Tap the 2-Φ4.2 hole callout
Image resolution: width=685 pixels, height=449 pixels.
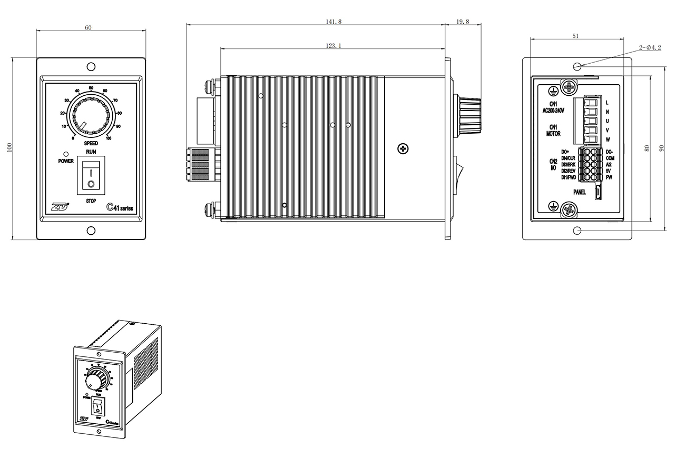(x=650, y=47)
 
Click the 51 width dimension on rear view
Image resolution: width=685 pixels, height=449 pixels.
(x=575, y=36)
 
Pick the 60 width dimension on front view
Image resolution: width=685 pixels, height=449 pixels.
(x=87, y=27)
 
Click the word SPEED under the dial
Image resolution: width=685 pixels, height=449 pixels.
(x=91, y=143)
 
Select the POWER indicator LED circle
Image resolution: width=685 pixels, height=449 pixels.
(x=66, y=154)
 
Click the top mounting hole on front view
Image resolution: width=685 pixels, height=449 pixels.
(x=91, y=66)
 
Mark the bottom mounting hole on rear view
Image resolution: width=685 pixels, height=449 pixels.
(x=577, y=231)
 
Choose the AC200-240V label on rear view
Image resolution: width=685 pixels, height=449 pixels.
(x=553, y=110)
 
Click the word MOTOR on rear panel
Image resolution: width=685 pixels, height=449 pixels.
(x=553, y=134)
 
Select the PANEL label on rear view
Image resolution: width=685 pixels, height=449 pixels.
(x=579, y=193)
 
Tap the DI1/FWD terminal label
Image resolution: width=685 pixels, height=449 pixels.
(x=569, y=177)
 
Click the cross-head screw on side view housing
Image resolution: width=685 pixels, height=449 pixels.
(x=403, y=149)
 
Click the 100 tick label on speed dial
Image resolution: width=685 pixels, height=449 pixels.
(x=109, y=138)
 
